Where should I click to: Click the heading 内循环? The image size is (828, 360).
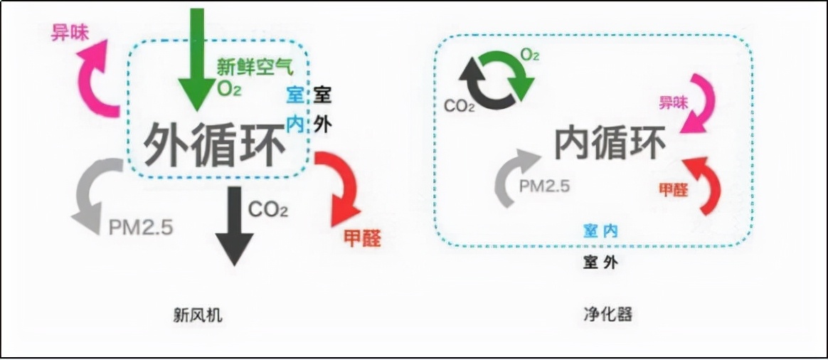(610, 144)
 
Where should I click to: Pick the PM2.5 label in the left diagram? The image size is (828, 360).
(141, 228)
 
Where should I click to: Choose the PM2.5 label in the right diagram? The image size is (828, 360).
(544, 186)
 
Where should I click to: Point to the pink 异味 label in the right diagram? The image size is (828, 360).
(673, 103)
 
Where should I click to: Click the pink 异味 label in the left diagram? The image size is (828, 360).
(70, 32)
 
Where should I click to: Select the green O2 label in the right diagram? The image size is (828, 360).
(529, 55)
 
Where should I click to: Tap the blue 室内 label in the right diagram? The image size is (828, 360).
(600, 231)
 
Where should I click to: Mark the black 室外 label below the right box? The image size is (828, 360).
(600, 262)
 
